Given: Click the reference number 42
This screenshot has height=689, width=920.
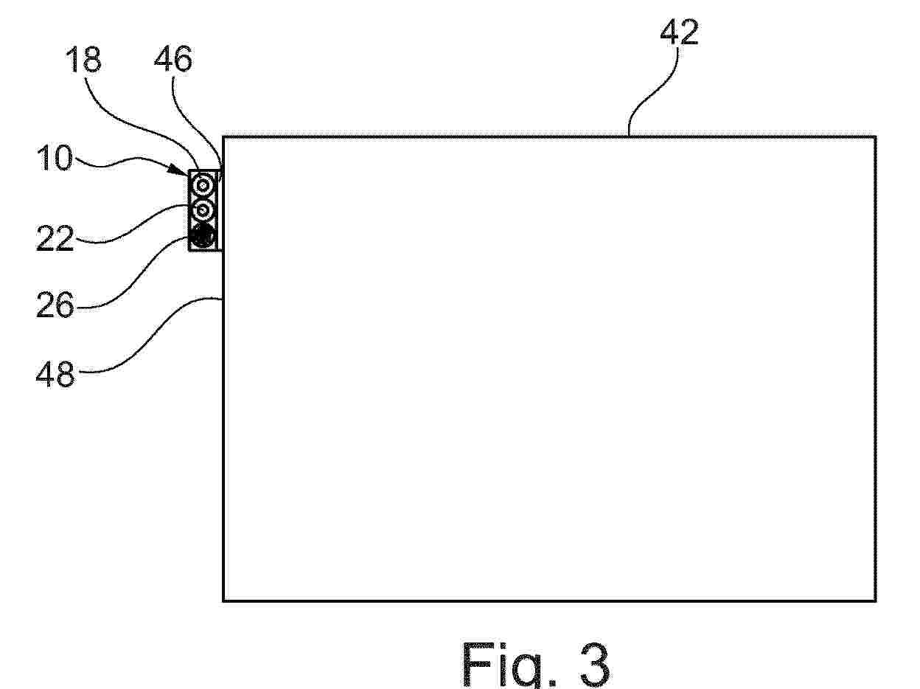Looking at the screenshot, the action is coord(679,32).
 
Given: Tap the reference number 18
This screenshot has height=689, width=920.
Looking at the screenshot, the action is coord(83,60).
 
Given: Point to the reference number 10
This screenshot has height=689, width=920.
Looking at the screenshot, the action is coord(55,158).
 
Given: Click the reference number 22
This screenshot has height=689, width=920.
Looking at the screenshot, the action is coord(55,238).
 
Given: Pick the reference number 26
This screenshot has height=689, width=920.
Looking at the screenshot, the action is coord(55,305).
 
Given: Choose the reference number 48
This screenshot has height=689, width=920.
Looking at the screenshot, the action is coord(55,373).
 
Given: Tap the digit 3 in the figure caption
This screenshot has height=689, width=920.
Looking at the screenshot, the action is coord(594,664).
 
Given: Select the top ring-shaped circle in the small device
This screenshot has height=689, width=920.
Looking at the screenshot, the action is coord(203,184).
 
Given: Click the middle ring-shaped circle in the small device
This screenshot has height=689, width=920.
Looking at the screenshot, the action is coord(203,210).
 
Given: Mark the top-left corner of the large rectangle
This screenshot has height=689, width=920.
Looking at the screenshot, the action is coord(223,137).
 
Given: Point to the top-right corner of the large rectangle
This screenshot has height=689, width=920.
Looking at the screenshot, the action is coord(876,137).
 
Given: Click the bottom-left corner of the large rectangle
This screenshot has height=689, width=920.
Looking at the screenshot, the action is coord(223,600).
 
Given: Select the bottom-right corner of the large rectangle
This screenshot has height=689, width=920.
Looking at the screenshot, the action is coord(876,600).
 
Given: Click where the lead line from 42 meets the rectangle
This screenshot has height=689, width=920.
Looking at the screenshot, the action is coord(629,136).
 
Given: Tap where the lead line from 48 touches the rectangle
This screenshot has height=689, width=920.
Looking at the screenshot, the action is coord(223,299).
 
